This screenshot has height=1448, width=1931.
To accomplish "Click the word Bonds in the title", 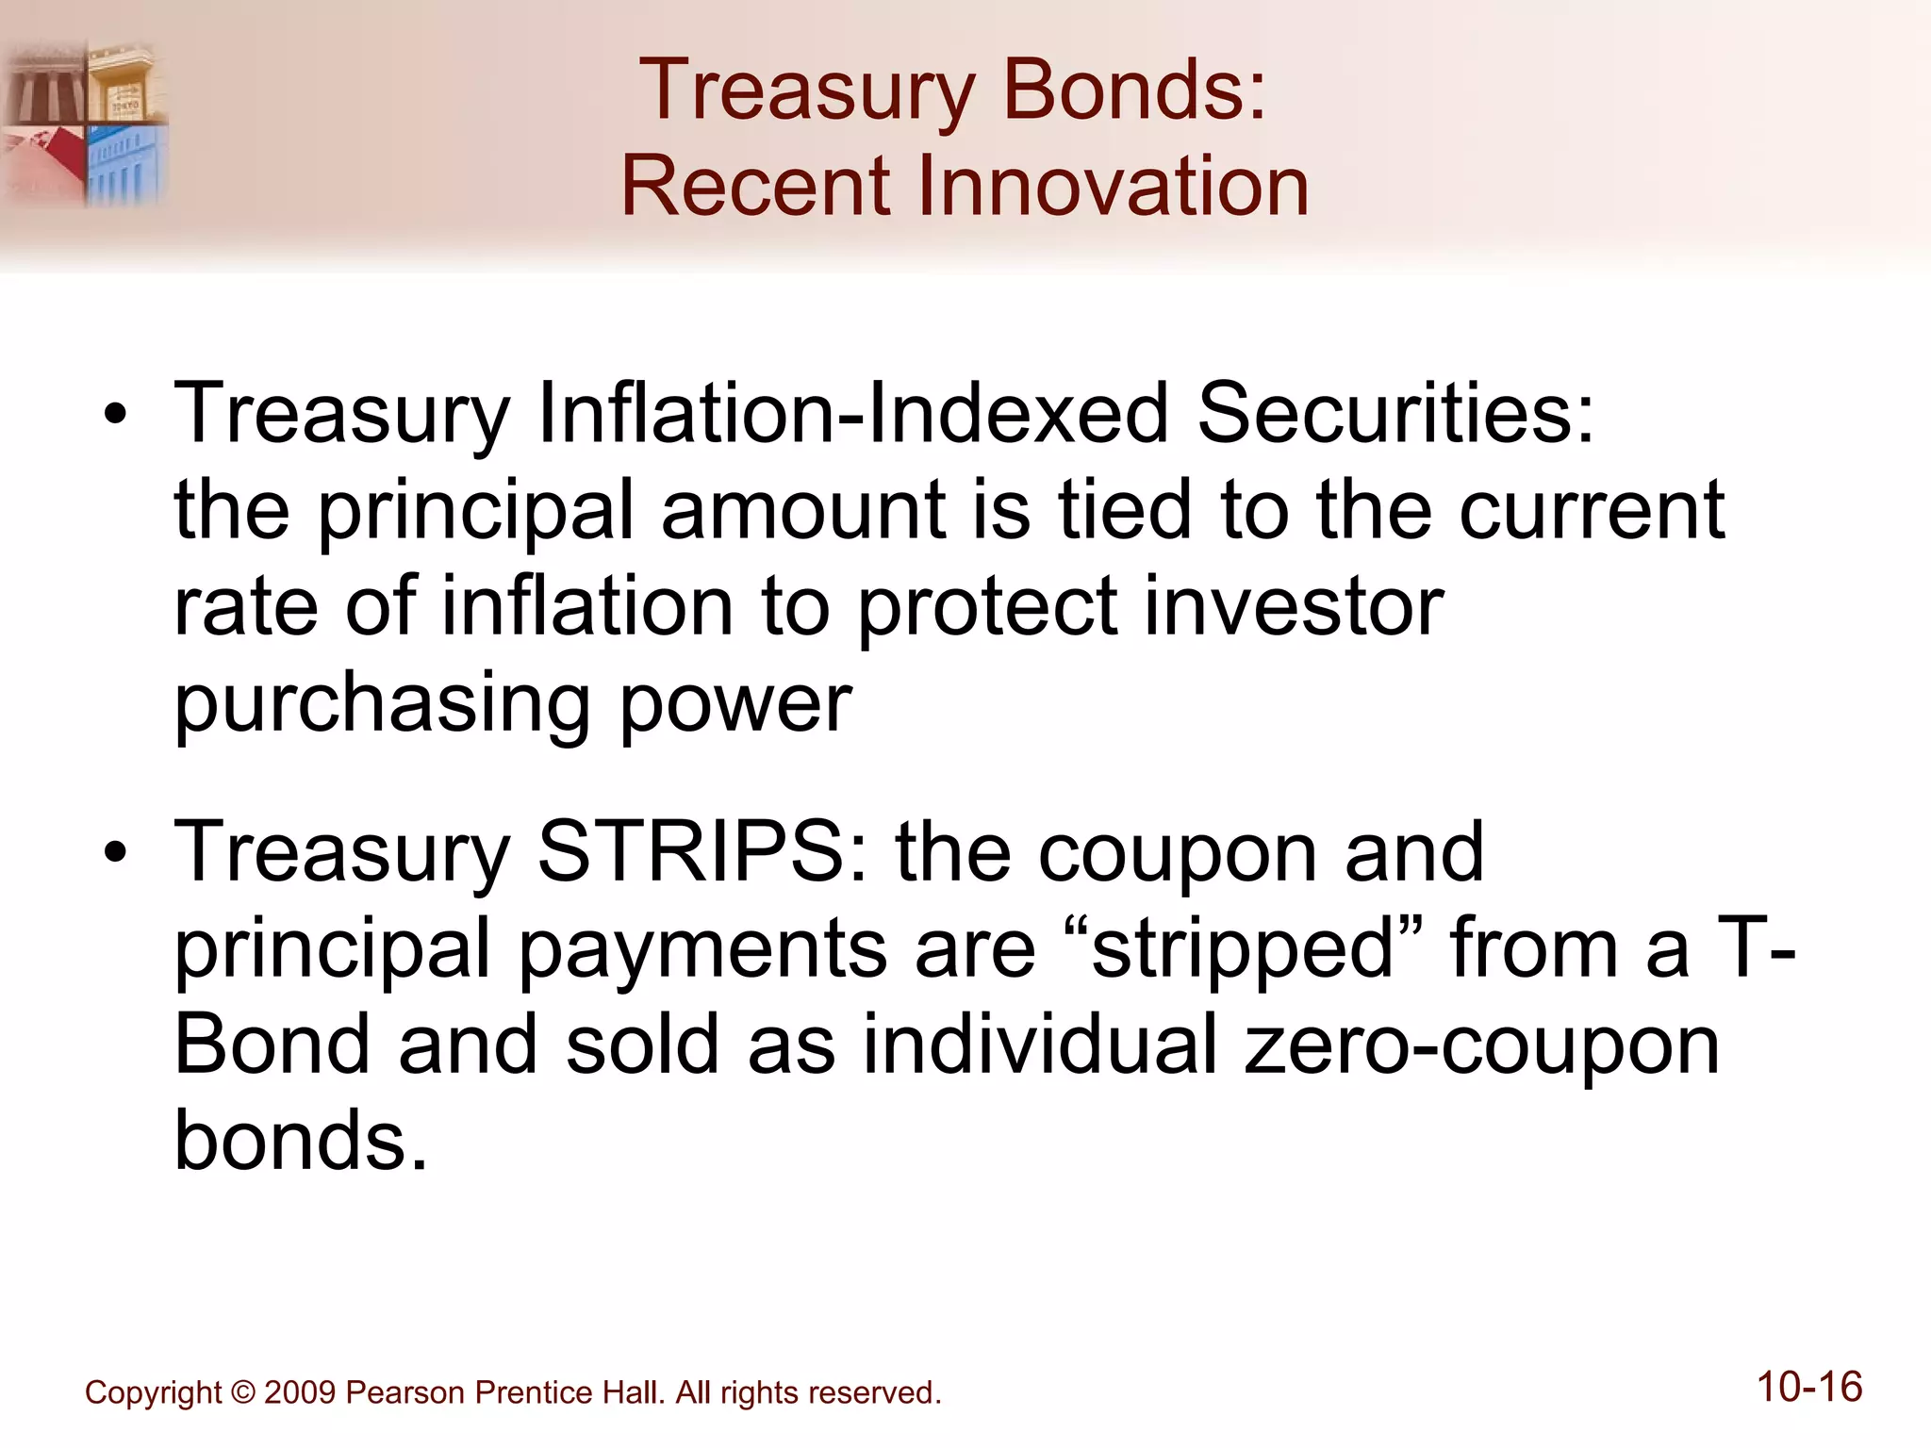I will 1134,90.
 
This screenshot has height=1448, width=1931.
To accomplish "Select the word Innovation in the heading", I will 1100,186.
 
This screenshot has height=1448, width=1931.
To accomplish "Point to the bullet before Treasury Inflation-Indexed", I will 115,415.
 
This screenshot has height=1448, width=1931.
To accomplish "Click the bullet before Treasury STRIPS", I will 115,853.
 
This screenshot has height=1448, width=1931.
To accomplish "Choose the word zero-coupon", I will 1481,1046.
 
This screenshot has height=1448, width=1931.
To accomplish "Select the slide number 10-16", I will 1808,1388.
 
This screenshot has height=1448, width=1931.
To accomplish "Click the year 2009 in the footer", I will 300,1392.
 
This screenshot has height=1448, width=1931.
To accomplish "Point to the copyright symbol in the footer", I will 243,1392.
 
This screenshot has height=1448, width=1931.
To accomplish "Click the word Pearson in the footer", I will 405,1392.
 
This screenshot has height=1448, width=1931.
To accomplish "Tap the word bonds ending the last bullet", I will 300,1141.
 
